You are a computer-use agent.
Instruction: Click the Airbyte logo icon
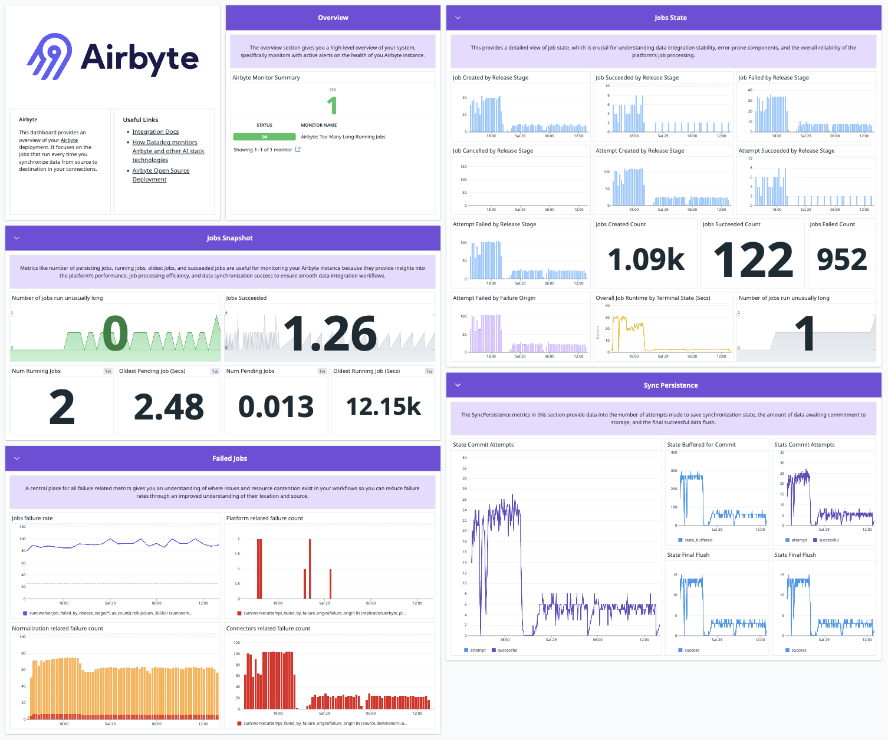[x=50, y=57]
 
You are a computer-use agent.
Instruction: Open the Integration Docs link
[x=155, y=132]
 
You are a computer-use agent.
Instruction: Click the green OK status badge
[x=264, y=137]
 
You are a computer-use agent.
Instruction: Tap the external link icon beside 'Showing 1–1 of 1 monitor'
[x=298, y=150]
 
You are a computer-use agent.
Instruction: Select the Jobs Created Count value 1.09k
[x=646, y=259]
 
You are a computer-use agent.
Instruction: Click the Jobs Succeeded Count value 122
[x=752, y=259]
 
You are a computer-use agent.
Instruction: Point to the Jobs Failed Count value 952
[x=841, y=259]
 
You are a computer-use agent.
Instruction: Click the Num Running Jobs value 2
[x=62, y=407]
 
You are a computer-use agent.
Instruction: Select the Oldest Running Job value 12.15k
[x=383, y=407]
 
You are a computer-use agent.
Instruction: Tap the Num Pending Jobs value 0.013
[x=276, y=407]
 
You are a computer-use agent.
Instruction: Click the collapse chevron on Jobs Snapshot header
[x=17, y=238]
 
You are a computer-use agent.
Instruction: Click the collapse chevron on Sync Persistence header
[x=458, y=385]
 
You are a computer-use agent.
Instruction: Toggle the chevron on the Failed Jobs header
[x=17, y=458]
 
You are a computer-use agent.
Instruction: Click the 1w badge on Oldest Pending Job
[x=215, y=371]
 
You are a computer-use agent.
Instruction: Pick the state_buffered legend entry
[x=698, y=540]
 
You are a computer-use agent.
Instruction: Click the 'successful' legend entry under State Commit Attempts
[x=507, y=650]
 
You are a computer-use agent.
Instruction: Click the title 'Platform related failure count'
[x=265, y=518]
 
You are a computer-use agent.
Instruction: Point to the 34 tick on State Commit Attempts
[x=465, y=458]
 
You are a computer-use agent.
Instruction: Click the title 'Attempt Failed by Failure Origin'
[x=494, y=298]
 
